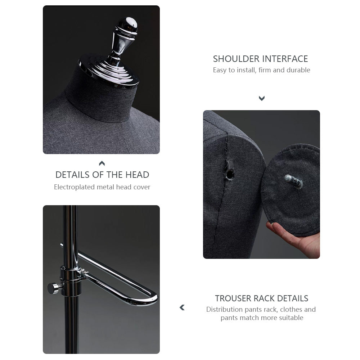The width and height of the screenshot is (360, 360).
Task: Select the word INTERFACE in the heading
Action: coord(285,59)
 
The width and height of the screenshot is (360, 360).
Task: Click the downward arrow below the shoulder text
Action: coord(262,98)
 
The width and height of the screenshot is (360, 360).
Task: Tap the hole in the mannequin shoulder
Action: coord(230,174)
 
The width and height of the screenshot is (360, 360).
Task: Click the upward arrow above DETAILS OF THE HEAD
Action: coord(102,163)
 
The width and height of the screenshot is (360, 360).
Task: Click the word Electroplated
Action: coord(75,187)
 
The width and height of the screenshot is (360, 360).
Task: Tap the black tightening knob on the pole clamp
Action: coord(54,288)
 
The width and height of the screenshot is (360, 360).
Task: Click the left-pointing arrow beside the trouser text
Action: coord(182,307)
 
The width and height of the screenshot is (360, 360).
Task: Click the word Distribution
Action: coord(224,309)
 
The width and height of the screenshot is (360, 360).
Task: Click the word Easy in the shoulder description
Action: coord(219,70)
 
